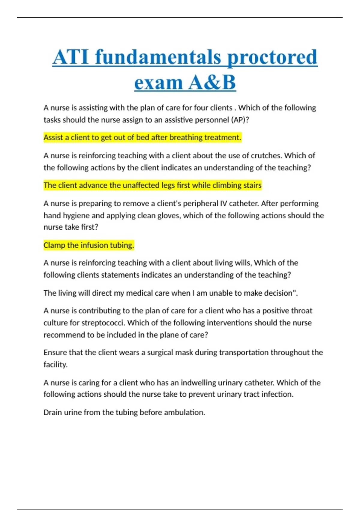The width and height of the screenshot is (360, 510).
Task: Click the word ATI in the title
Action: tap(71, 57)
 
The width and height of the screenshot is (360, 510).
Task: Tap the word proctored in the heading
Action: tap(272, 57)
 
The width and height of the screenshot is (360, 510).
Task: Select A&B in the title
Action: tap(212, 82)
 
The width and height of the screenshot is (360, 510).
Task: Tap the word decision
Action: tap(274, 293)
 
